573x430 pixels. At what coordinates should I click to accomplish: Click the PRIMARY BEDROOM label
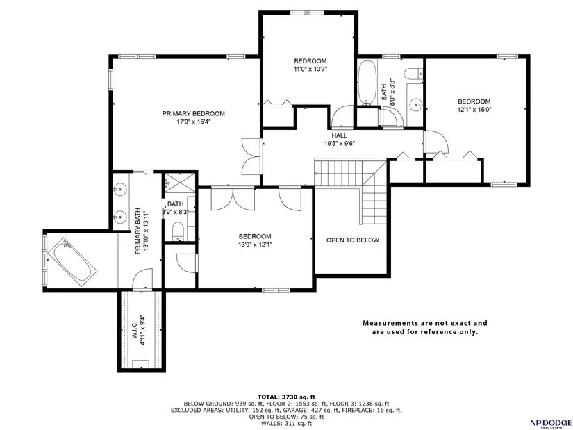(x=193, y=114)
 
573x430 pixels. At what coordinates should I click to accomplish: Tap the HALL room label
(x=340, y=135)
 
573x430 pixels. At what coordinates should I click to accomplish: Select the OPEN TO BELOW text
(x=353, y=240)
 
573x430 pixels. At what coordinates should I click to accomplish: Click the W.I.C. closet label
(x=134, y=333)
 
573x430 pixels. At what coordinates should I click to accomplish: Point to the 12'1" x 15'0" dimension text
(x=474, y=109)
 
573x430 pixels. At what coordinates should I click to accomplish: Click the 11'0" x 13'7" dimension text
(x=310, y=69)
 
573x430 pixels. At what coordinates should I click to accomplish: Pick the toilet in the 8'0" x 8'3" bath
(x=413, y=73)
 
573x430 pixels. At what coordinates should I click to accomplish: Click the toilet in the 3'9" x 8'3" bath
(x=178, y=231)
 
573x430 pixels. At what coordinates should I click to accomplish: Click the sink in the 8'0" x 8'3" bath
(x=416, y=105)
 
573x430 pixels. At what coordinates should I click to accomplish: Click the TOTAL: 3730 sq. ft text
(x=286, y=397)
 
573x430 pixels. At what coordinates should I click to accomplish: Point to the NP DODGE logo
(x=551, y=422)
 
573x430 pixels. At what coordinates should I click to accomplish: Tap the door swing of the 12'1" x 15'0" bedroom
(x=436, y=142)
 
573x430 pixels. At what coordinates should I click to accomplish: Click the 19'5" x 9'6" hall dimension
(x=340, y=144)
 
